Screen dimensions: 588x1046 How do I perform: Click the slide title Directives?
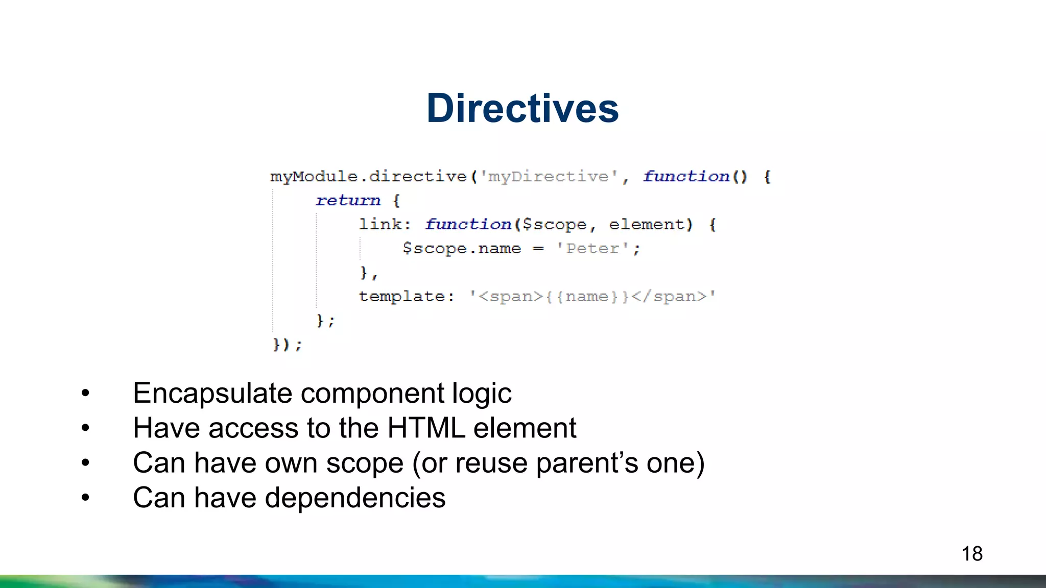point(522,108)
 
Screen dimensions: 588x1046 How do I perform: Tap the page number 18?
point(971,554)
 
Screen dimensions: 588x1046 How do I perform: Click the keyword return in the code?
point(348,201)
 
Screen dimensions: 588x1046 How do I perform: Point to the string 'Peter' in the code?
point(592,249)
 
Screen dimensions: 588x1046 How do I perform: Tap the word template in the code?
point(401,297)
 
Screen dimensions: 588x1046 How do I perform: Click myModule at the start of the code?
point(314,177)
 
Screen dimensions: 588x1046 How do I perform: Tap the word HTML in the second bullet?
point(426,428)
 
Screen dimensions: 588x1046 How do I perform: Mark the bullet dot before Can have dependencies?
point(85,497)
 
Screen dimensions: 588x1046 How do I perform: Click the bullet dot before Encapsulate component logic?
point(85,393)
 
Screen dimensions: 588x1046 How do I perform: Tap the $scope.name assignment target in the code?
point(462,249)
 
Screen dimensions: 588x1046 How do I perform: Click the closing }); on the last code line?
point(287,345)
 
